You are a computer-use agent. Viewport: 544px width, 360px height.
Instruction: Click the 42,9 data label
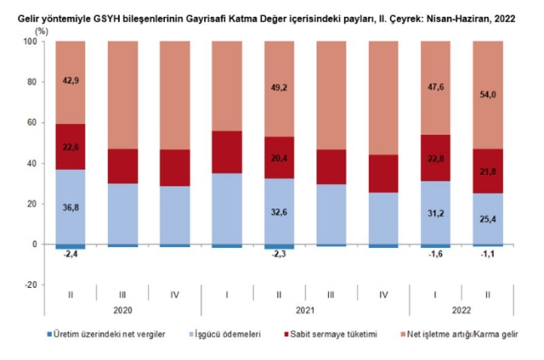click(x=70, y=81)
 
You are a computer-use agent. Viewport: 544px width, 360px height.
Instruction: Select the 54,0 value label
click(x=487, y=95)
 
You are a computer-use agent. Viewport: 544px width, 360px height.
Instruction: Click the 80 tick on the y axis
click(x=30, y=82)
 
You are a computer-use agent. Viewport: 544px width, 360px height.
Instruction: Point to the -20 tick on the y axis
click(x=29, y=285)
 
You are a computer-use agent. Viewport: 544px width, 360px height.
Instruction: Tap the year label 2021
click(x=279, y=309)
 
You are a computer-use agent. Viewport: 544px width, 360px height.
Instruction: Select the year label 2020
click(x=122, y=309)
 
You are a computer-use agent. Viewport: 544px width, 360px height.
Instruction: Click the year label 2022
click(x=460, y=309)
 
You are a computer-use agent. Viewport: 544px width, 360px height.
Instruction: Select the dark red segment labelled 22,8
click(x=434, y=157)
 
